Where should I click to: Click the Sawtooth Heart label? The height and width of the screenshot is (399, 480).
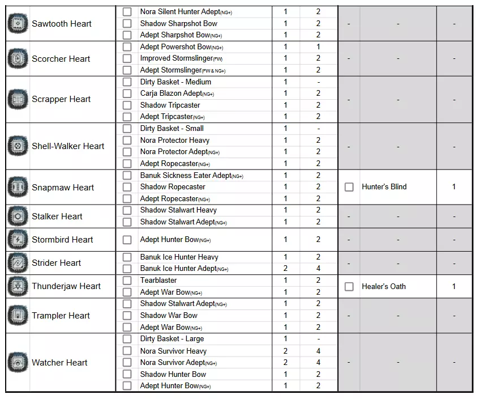coord(61,24)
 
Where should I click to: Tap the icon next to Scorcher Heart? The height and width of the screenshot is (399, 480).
coord(18,59)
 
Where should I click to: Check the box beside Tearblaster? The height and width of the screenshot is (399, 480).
coord(127,281)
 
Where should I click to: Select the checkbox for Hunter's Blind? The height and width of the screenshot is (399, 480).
coord(349,187)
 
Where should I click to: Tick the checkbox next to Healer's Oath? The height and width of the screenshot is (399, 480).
coord(349,287)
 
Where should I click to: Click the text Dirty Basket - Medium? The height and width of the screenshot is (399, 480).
coord(175,82)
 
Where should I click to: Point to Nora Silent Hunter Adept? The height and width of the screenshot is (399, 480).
coord(186,12)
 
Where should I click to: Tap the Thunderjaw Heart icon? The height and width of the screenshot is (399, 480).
coord(18,286)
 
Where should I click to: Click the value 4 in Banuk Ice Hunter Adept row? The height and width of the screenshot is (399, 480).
coord(318,269)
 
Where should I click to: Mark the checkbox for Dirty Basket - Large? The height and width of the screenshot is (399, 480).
coord(127,339)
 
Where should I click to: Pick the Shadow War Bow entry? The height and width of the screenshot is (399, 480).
coord(169,315)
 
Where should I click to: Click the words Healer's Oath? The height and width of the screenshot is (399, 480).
coord(383,286)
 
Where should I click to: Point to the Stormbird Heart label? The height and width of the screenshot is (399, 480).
coord(62,240)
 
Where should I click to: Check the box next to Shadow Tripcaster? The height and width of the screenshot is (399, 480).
coord(127,105)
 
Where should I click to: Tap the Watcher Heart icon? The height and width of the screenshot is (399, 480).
coord(18,363)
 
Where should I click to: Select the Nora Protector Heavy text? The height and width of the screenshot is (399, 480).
coord(174,140)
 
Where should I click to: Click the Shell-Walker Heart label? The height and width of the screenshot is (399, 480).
coord(68,146)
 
